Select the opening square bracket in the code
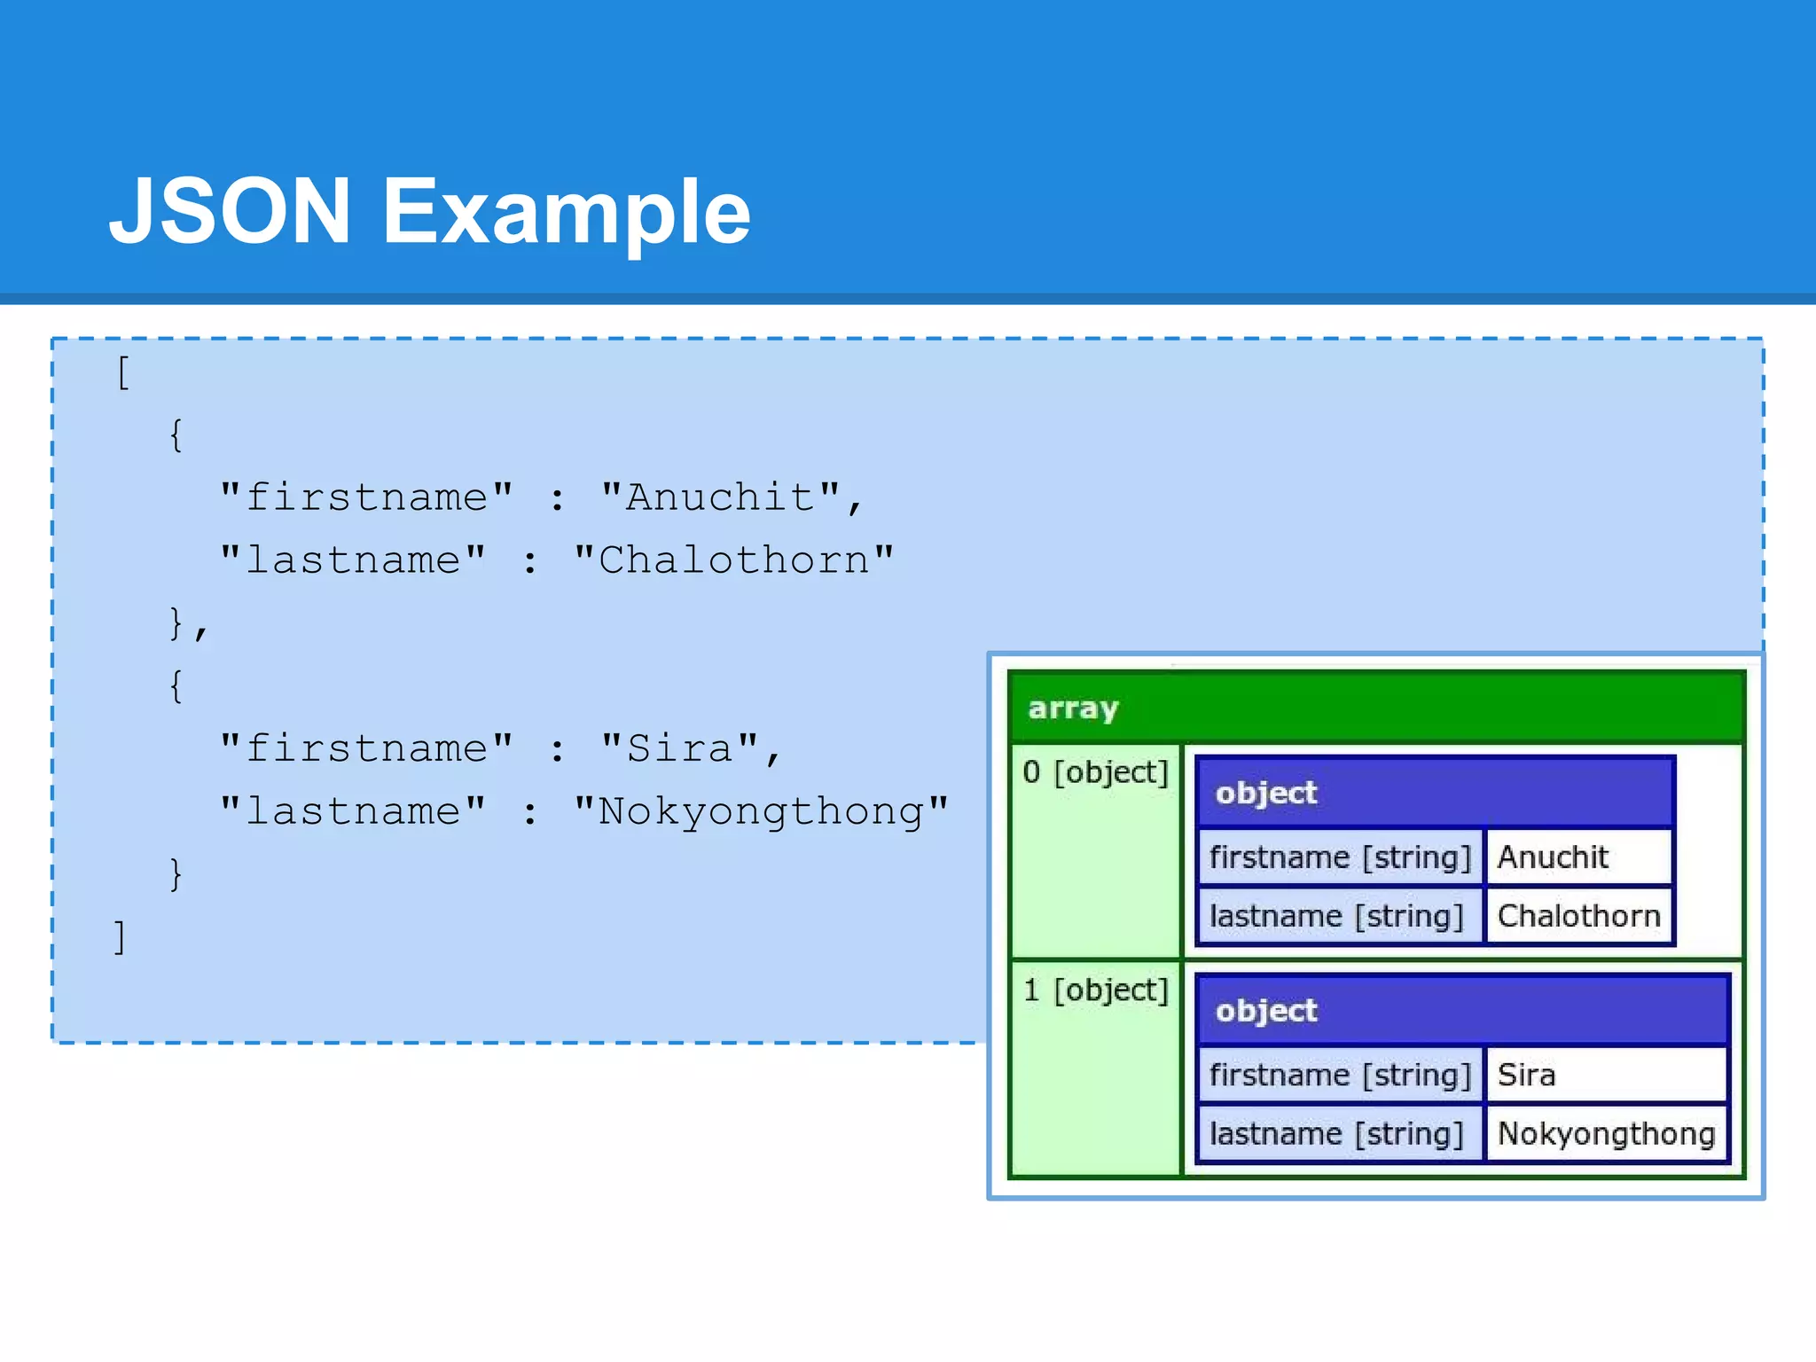click(122, 372)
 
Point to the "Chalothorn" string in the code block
click(733, 560)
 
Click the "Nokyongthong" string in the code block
click(761, 811)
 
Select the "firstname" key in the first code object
click(366, 497)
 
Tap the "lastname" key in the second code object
click(353, 811)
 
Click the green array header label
click(1073, 708)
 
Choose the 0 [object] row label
click(1095, 772)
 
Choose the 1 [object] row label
click(1095, 990)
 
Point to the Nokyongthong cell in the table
click(1605, 1133)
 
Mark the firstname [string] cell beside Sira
click(1339, 1075)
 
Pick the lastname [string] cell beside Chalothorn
click(1336, 916)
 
